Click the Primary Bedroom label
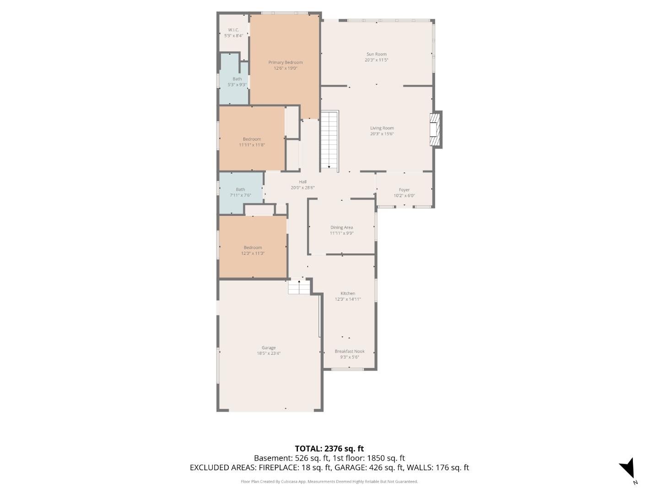[x=285, y=62]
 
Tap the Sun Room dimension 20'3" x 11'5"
[x=376, y=60]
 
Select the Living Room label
[x=382, y=128]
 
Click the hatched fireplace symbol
[x=435, y=130]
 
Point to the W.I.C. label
[x=233, y=30]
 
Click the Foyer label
[x=404, y=190]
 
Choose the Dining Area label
[x=341, y=227]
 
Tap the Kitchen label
[x=347, y=293]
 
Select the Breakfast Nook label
[x=349, y=352]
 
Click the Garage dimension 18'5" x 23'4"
[x=268, y=353]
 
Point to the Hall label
[x=302, y=182]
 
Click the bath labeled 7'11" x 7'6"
[x=240, y=192]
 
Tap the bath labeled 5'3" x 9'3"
[x=237, y=82]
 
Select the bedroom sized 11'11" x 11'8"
[x=252, y=142]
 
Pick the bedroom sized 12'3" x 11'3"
[x=253, y=250]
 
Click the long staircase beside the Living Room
[x=329, y=140]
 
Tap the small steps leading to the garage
[x=299, y=287]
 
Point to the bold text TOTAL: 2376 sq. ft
[x=329, y=449]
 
